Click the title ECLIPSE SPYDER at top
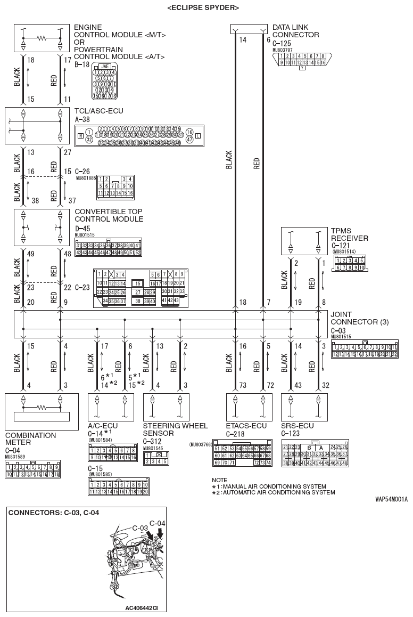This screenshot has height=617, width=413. click(203, 7)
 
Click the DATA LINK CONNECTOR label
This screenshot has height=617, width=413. click(295, 31)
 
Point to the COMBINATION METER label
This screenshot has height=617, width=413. click(30, 439)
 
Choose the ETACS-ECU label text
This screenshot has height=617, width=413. click(246, 426)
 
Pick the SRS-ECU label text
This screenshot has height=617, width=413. click(297, 426)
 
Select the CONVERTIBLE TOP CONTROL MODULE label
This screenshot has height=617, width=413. click(109, 215)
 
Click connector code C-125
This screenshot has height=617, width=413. click(282, 44)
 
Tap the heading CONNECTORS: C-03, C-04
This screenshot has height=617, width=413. click(53, 513)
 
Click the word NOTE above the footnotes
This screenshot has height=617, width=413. click(219, 480)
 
